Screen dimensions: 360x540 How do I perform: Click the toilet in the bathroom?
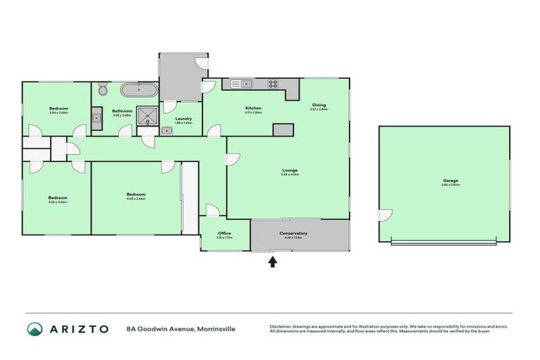click(x=103, y=89)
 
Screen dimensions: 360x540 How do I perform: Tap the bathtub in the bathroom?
click(x=138, y=90)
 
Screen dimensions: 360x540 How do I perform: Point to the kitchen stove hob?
click(x=273, y=84)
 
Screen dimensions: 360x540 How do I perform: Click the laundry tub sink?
click(x=168, y=130)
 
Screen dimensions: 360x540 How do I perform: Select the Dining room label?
click(x=319, y=105)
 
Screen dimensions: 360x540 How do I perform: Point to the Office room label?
click(x=224, y=233)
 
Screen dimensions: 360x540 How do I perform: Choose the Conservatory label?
click(x=293, y=233)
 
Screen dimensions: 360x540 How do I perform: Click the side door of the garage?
click(x=385, y=216)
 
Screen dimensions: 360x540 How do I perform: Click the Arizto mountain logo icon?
click(x=35, y=329)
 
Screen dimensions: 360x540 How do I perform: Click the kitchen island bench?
click(x=283, y=130)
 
